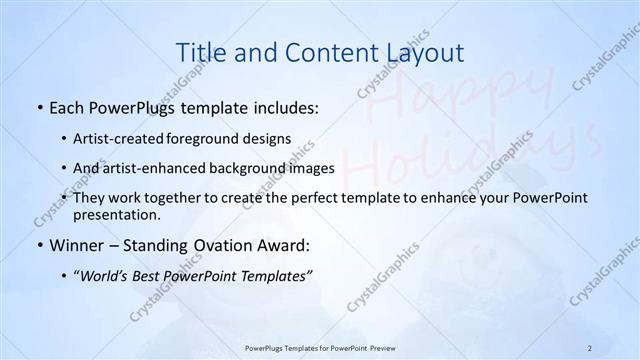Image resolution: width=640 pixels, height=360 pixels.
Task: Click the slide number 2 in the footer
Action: [590, 347]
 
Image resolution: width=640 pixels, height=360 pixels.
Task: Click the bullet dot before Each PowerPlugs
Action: [39, 106]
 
